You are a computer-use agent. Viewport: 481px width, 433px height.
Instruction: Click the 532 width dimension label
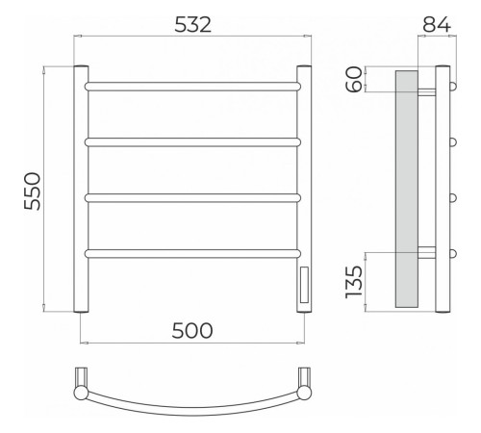coord(193,25)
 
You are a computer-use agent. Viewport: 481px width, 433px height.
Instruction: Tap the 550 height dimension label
coord(33,191)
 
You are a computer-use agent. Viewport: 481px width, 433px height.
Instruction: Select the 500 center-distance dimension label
coord(192,331)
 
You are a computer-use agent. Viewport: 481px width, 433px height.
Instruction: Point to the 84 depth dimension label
coord(437,24)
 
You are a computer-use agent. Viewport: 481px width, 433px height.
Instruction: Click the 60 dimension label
coord(355,79)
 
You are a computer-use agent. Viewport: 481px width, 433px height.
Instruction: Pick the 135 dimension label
coord(354,282)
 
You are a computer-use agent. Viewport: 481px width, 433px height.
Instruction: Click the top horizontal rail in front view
coord(192,87)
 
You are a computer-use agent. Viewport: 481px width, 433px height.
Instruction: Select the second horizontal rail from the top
coord(192,142)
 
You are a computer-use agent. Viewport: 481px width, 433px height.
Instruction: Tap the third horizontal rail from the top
coord(192,198)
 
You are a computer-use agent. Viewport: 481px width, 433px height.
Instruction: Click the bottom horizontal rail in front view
coord(192,254)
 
